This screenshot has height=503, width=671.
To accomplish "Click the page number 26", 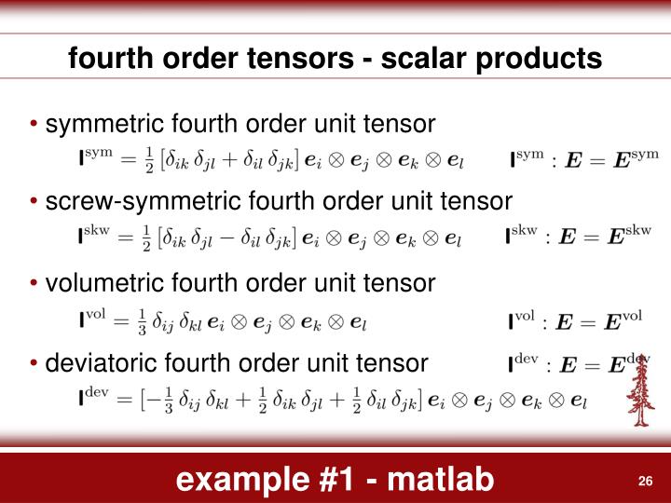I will [643, 481].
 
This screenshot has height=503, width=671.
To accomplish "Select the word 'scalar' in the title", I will [414, 59].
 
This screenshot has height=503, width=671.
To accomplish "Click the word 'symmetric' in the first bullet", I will [101, 123].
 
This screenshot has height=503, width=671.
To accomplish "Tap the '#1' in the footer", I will [339, 480].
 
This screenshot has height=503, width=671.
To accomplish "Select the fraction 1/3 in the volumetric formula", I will [143, 321].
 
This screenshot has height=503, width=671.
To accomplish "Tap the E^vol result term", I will [615, 321].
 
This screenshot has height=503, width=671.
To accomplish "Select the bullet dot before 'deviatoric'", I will [35, 362].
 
